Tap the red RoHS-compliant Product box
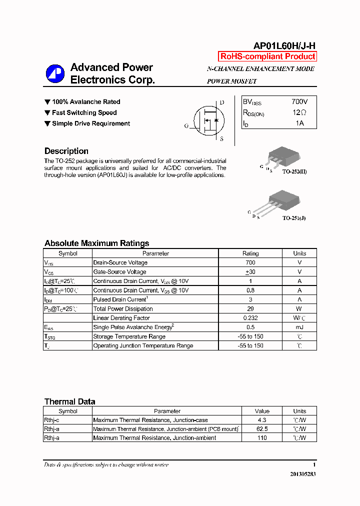(x=268, y=56)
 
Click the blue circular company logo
(x=55, y=74)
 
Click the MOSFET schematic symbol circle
(x=209, y=120)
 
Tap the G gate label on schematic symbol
(x=186, y=126)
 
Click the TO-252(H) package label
(x=294, y=171)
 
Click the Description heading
(x=66, y=151)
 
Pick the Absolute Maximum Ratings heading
(x=96, y=243)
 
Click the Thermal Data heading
(x=69, y=401)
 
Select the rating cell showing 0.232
(x=250, y=318)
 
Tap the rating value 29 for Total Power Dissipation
(x=250, y=308)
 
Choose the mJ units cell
(x=299, y=327)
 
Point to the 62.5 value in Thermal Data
(x=261, y=429)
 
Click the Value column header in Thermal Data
(x=261, y=411)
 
